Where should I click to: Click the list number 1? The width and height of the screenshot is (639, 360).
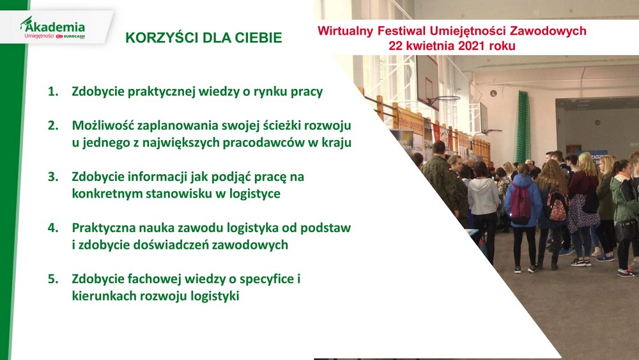pos(53,91)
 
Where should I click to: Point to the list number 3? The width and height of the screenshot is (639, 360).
pos(53,177)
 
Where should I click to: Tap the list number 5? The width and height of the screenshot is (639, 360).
pos(53,279)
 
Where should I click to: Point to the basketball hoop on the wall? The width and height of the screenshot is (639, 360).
pos(443,100)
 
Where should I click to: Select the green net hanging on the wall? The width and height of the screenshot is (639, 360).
pos(523,127)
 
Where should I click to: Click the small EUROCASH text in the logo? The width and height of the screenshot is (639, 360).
pos(73,36)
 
